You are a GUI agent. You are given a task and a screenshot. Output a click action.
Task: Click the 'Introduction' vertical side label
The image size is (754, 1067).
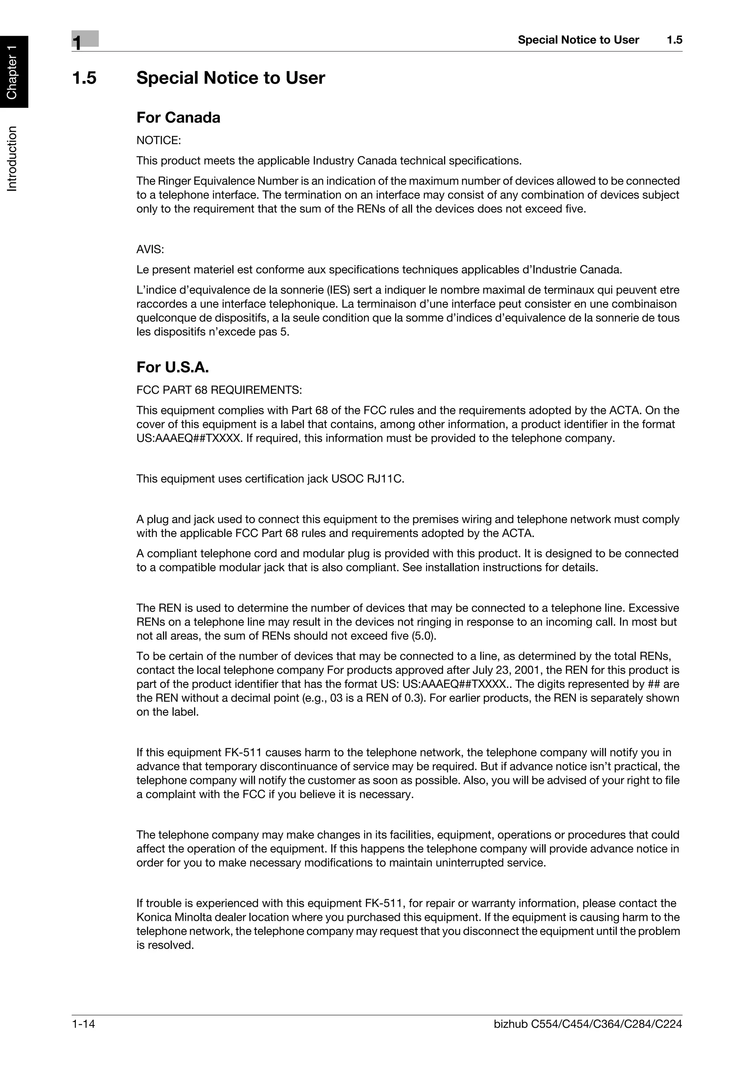pos(13,158)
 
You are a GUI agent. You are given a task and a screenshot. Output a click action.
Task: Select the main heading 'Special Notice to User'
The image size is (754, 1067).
pos(230,78)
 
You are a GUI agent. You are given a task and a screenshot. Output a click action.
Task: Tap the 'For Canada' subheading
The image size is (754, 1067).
pos(178,117)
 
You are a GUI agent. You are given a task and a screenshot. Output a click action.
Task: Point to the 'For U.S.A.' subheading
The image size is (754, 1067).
pos(172,367)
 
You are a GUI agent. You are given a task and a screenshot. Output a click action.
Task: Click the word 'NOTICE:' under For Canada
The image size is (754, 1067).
pos(158,140)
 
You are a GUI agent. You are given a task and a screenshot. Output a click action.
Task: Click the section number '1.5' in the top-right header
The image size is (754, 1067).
pos(674,40)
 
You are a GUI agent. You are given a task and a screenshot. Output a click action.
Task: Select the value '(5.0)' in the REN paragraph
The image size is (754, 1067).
pos(424,636)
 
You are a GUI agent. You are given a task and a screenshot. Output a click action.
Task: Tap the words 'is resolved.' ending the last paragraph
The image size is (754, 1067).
pos(165,945)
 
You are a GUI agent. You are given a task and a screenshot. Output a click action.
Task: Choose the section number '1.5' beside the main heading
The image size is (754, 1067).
pos(85,78)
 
